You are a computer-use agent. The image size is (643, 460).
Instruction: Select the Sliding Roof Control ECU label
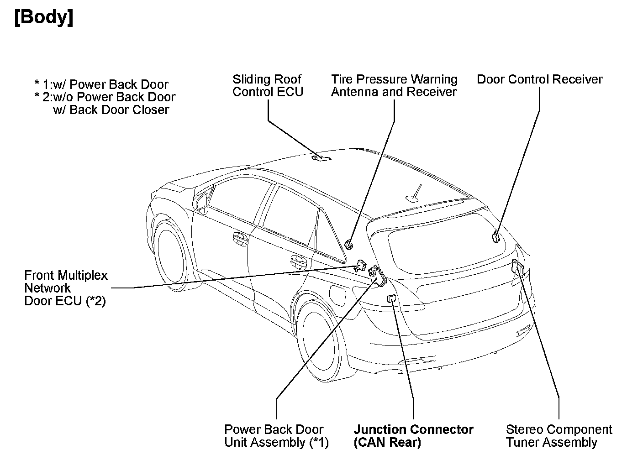268,86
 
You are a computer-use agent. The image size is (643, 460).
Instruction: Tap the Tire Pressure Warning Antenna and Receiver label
394,86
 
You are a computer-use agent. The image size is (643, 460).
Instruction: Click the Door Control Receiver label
539,79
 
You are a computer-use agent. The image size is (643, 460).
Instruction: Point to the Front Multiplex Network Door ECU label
66,288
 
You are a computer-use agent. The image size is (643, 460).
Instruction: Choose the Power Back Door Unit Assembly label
276,436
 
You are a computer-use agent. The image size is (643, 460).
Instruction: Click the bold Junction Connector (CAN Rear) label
413,436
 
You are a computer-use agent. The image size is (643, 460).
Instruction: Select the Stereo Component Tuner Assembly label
559,436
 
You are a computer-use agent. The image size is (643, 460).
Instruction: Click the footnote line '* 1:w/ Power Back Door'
101,84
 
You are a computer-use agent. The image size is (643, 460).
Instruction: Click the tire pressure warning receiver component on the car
349,245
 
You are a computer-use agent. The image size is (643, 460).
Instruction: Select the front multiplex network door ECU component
361,265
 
